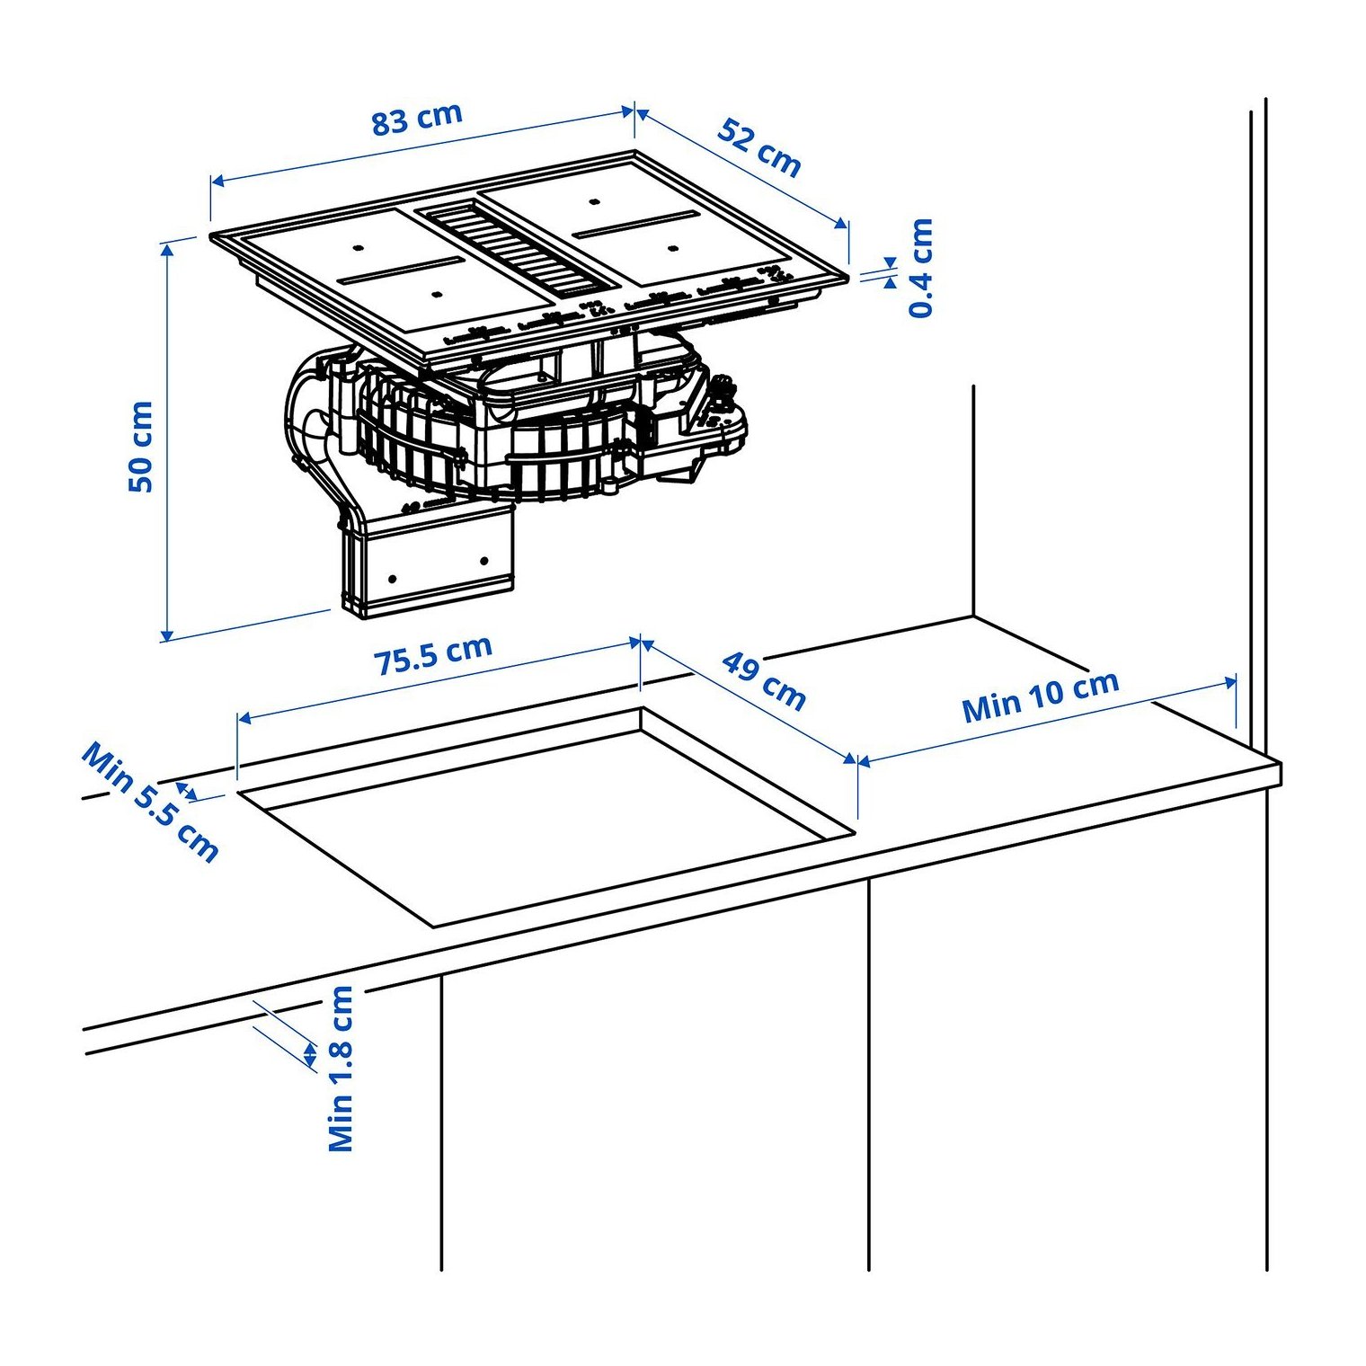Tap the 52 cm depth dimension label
coord(759,147)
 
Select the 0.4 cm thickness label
coord(922,268)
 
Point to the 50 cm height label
coord(141,446)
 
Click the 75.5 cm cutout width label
coord(433,655)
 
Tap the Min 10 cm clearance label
coord(1041,696)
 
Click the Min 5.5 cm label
coord(150,802)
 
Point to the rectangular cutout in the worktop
coord(546,816)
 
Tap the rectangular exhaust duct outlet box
coord(427,561)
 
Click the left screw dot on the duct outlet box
coord(392,577)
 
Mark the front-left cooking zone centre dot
coord(436,292)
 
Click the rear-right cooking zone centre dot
coord(595,200)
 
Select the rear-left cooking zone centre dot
coord(358,246)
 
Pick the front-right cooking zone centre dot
coord(672,246)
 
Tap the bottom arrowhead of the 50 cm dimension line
coord(165,634)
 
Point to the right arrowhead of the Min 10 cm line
coord(1230,683)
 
